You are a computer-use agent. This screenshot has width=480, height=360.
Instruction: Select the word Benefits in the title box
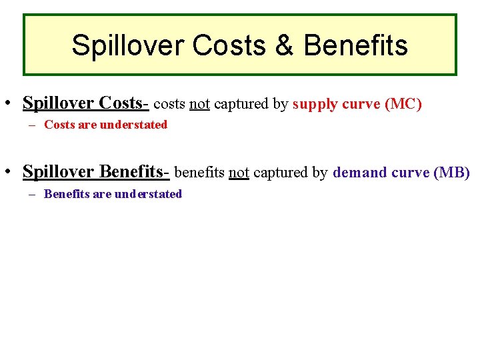click(355, 46)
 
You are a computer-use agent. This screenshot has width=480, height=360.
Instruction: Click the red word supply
click(315, 105)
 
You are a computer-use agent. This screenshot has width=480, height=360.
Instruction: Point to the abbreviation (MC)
click(403, 104)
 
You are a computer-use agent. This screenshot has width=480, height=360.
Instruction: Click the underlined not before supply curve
click(200, 104)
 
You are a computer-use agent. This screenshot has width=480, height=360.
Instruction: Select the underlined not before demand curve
click(239, 173)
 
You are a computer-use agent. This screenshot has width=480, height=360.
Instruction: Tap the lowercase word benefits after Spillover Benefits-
click(199, 173)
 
